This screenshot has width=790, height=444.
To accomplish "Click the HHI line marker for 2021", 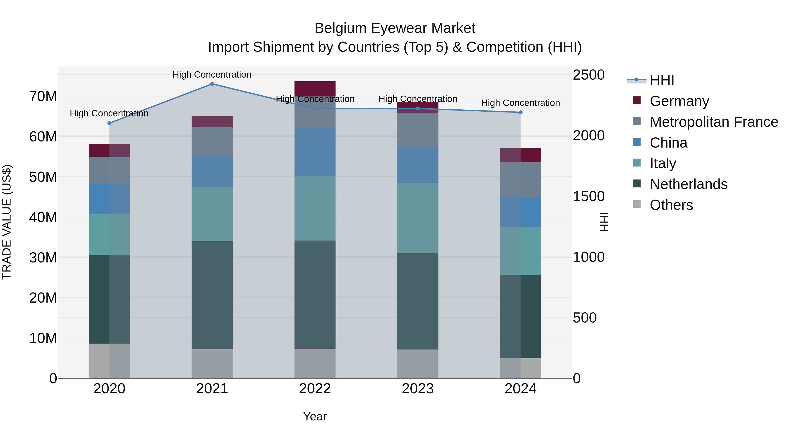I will pyautogui.click(x=212, y=84).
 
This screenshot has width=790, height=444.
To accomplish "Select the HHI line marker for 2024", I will pyautogui.click(x=521, y=112).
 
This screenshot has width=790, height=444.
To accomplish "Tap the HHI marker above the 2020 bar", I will pyautogui.click(x=109, y=123).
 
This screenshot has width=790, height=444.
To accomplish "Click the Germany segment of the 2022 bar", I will pyautogui.click(x=315, y=89).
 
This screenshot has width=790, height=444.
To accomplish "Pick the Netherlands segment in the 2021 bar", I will pyautogui.click(x=212, y=295).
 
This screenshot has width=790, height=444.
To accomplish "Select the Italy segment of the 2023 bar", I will pyautogui.click(x=418, y=218).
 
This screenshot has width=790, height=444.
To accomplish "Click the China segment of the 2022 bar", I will pyautogui.click(x=315, y=152).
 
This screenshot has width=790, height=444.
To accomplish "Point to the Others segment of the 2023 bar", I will pyautogui.click(x=418, y=364).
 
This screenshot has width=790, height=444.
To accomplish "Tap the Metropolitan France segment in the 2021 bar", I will pyautogui.click(x=212, y=141).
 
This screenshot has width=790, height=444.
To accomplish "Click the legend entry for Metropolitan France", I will pyautogui.click(x=714, y=122).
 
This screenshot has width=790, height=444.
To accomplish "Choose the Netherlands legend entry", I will pyautogui.click(x=688, y=184).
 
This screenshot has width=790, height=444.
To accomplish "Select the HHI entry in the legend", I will pyautogui.click(x=662, y=80).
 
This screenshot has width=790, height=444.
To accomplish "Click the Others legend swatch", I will pyautogui.click(x=637, y=204).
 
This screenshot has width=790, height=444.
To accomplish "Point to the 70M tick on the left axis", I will pyautogui.click(x=43, y=96).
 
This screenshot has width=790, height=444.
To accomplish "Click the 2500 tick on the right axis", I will pyautogui.click(x=589, y=75).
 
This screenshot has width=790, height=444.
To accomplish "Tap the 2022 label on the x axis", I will pyautogui.click(x=315, y=389).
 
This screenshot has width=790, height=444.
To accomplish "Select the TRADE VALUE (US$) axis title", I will pyautogui.click(x=7, y=222).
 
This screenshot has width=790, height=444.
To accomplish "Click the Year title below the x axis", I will pyautogui.click(x=315, y=416).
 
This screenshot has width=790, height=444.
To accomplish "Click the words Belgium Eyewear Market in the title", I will pyautogui.click(x=395, y=28).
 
